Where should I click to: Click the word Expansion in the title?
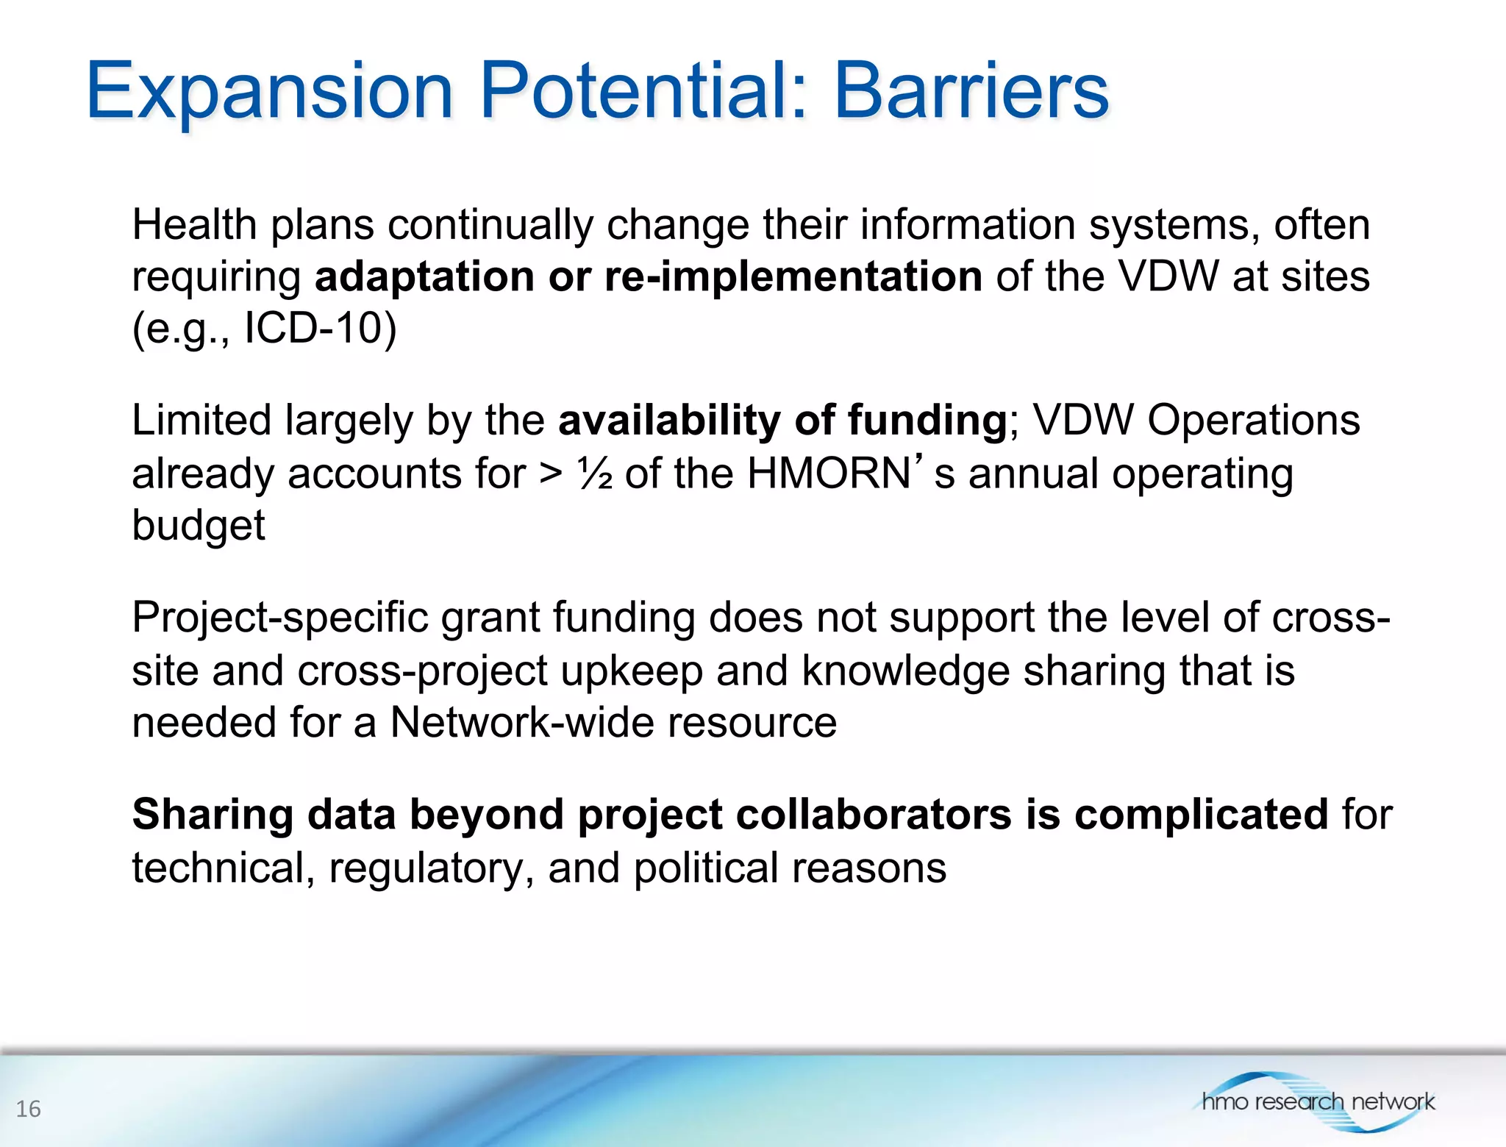point(269,92)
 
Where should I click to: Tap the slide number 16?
point(28,1109)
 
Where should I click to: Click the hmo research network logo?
point(1317,1101)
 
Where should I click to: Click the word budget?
point(198,525)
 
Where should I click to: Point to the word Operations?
point(1253,421)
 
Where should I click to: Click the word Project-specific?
point(279,618)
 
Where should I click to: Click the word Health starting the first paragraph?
point(194,224)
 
